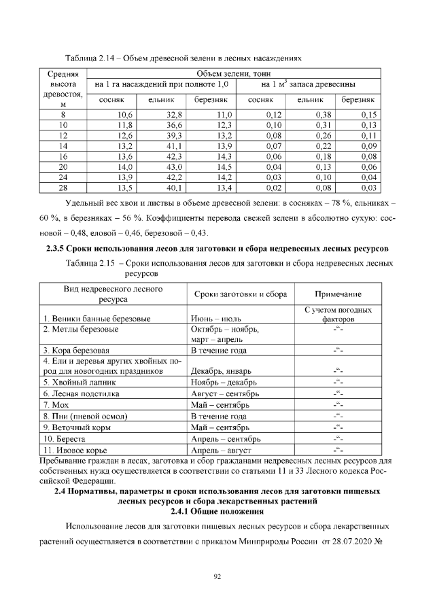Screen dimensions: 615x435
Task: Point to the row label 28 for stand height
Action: [63, 188]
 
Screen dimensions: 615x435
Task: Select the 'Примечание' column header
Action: [338, 294]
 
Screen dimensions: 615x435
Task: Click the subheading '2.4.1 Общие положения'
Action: [217, 510]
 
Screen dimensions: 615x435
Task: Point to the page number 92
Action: [217, 577]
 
